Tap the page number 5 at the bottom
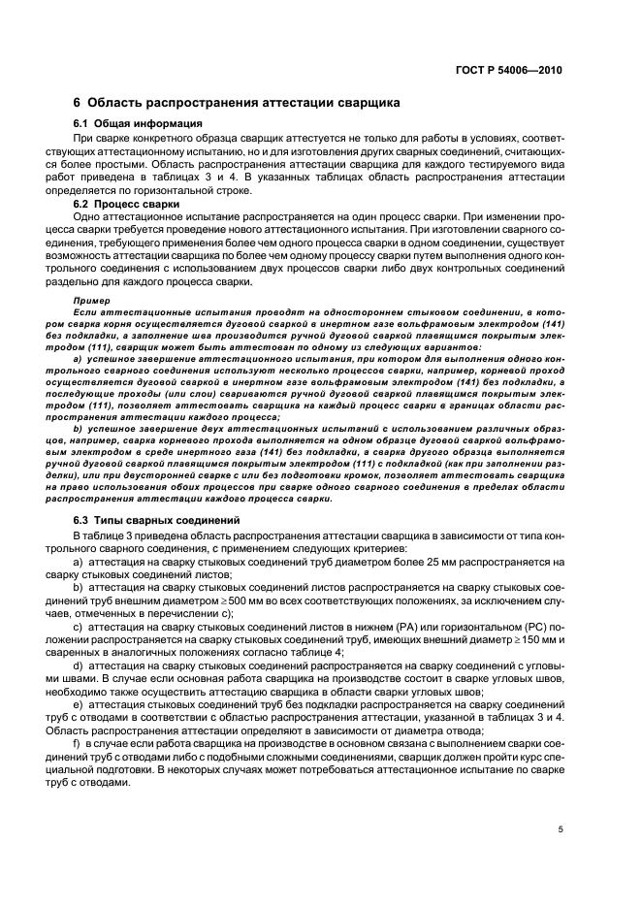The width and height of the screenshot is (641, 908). (561, 828)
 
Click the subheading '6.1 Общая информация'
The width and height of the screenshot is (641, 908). (138, 124)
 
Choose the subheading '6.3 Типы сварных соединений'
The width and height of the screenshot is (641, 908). (158, 520)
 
